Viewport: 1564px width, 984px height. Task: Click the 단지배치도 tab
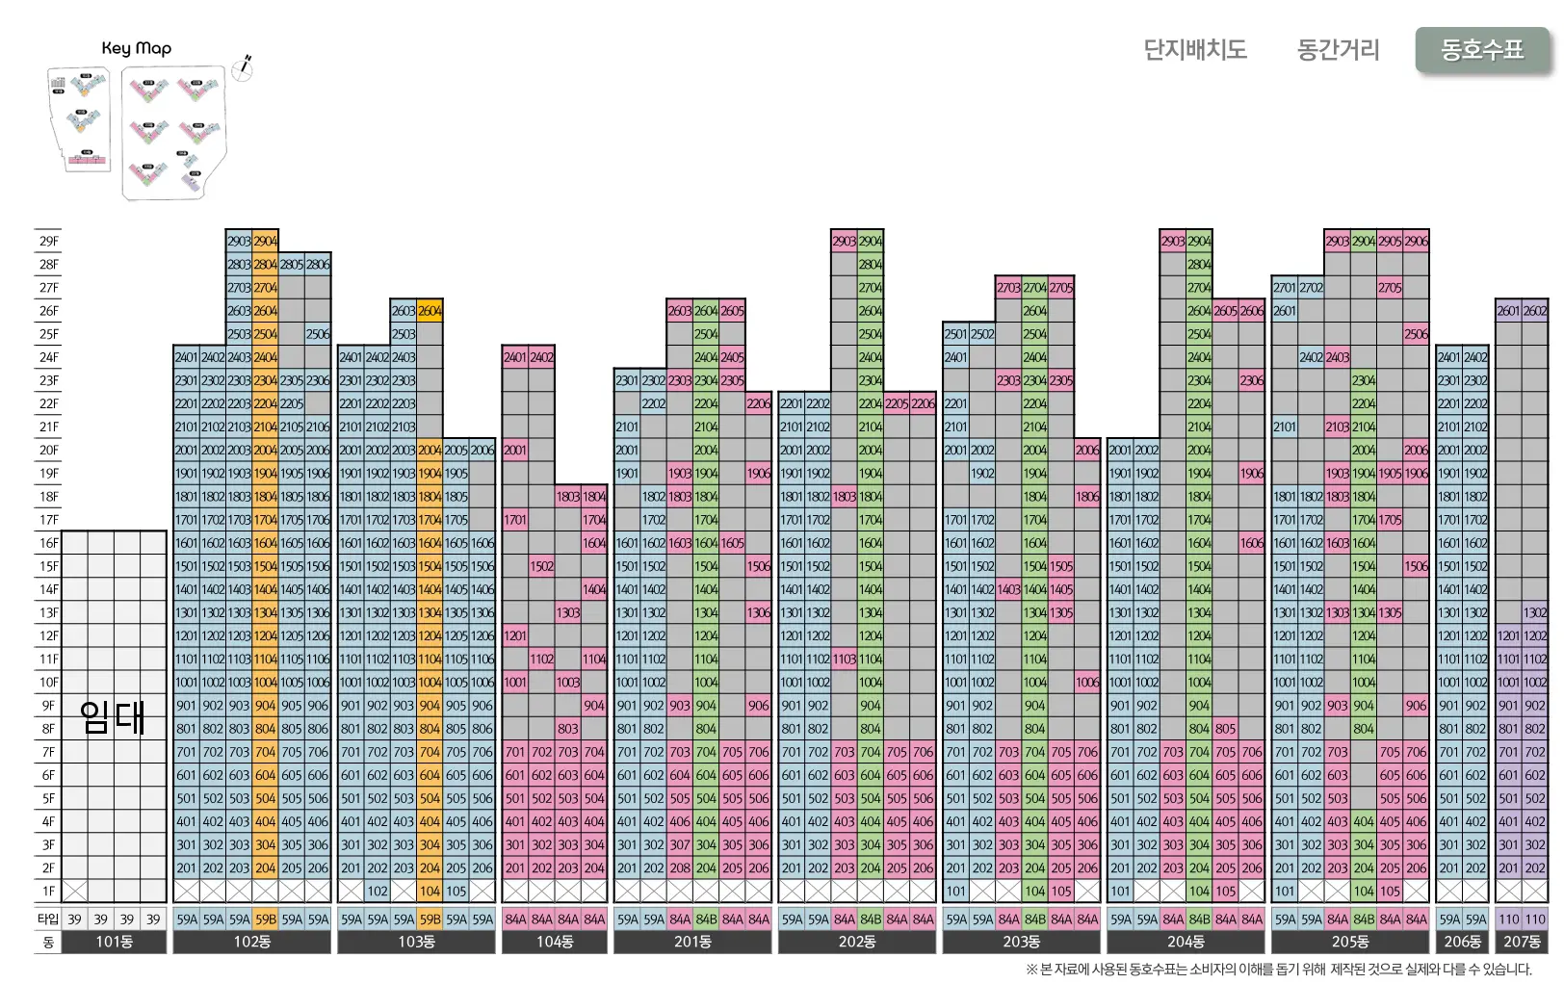(1194, 49)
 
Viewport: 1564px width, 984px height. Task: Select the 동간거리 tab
(1338, 49)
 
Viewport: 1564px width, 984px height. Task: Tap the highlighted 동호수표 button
(1482, 49)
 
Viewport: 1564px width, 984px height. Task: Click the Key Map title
(137, 48)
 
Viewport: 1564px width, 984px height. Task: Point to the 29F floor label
(48, 241)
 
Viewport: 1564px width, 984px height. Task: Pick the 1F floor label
(48, 892)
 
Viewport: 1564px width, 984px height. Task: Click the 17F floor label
(48, 520)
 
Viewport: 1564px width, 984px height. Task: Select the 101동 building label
(114, 942)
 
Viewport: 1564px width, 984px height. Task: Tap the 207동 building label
(1522, 942)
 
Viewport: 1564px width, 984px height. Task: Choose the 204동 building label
(1186, 942)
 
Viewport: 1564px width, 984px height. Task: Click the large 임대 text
(113, 717)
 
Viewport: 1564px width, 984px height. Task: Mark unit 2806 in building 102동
(318, 264)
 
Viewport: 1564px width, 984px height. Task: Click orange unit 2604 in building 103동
(430, 311)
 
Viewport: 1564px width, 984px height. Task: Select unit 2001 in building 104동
(515, 450)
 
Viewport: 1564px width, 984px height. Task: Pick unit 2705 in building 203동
(1061, 288)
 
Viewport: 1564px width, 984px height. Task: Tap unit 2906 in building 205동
(1416, 241)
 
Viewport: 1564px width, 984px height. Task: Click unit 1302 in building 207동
(1535, 612)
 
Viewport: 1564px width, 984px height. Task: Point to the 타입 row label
(48, 919)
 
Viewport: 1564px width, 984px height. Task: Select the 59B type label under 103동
(430, 919)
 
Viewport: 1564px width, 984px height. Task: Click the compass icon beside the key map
(243, 67)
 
